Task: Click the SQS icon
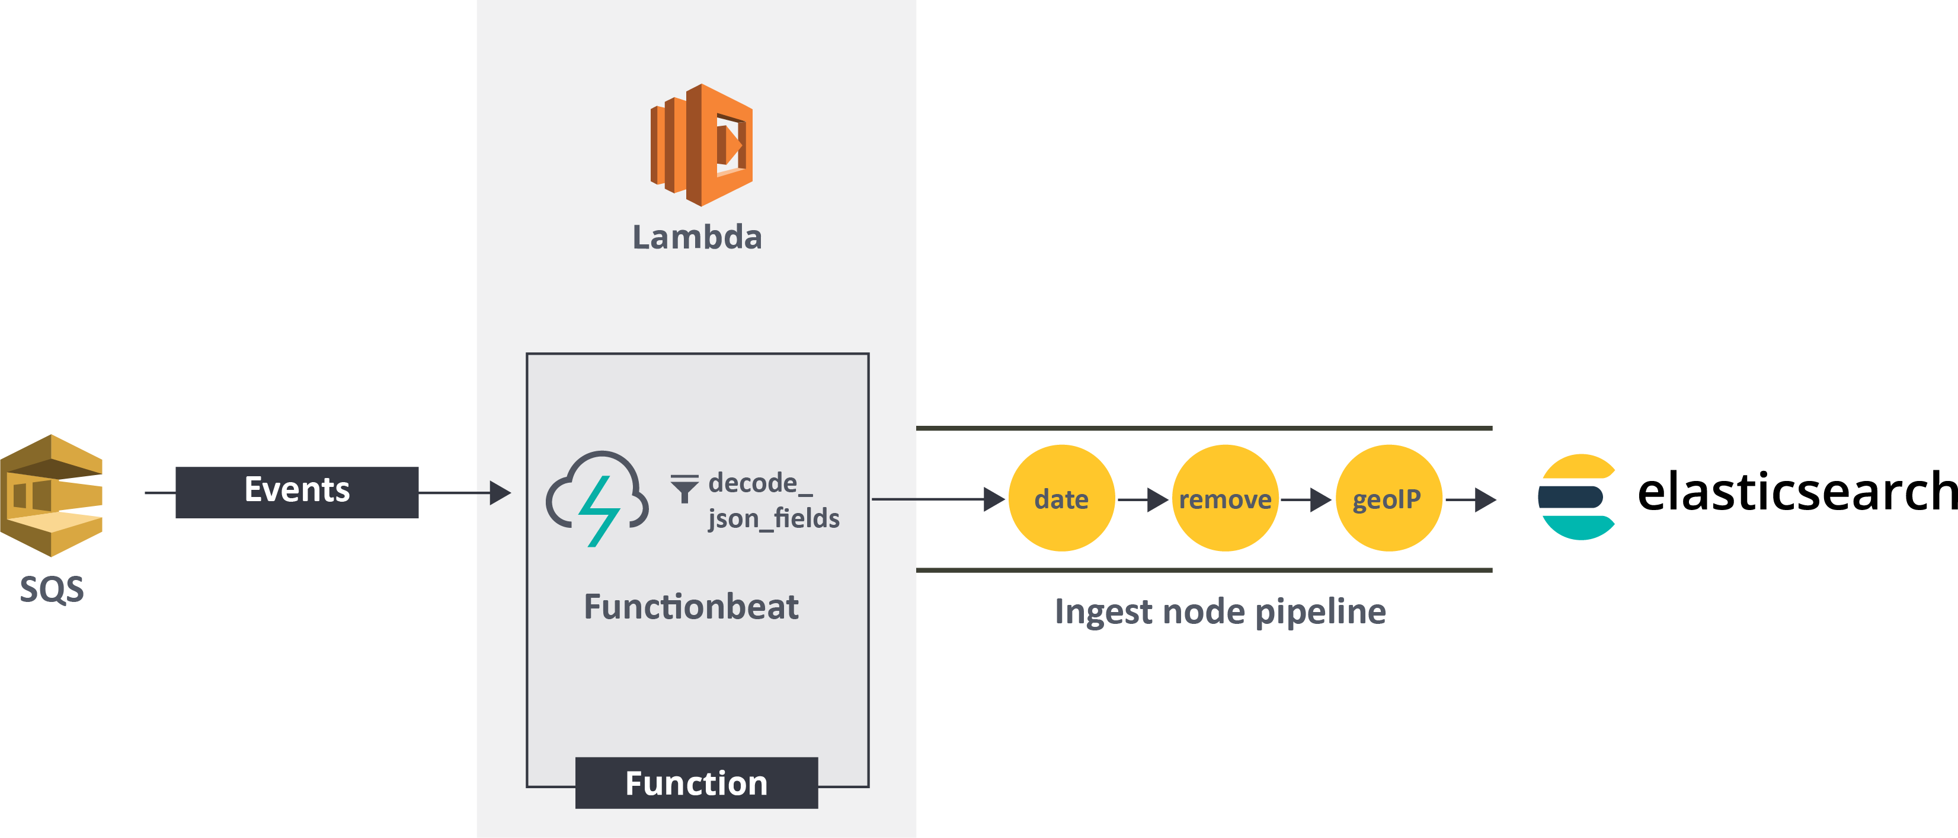pyautogui.click(x=52, y=495)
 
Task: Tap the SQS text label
pyautogui.click(x=52, y=590)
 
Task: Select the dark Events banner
pyautogui.click(x=296, y=492)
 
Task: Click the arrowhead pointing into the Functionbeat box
pyautogui.click(x=500, y=493)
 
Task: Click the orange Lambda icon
pyautogui.click(x=701, y=145)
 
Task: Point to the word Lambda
pyautogui.click(x=697, y=237)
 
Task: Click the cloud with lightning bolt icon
pyautogui.click(x=598, y=498)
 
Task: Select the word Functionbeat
pyautogui.click(x=691, y=607)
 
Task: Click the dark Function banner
pyautogui.click(x=696, y=782)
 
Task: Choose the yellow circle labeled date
pyautogui.click(x=1061, y=498)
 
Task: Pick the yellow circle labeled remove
pyautogui.click(x=1224, y=498)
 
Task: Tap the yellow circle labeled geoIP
pyautogui.click(x=1388, y=498)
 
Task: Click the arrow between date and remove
pyautogui.click(x=1144, y=499)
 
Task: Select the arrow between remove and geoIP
pyautogui.click(x=1307, y=499)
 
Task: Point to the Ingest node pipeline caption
pyautogui.click(x=1220, y=611)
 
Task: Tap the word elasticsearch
pyautogui.click(x=1796, y=492)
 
